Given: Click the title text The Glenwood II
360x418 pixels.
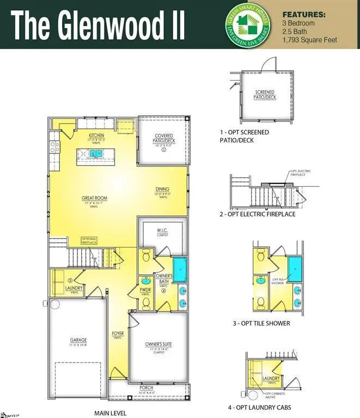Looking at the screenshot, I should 99,25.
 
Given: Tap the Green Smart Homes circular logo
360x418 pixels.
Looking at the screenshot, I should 249,24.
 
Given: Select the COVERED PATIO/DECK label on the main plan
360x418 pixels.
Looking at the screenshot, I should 163,139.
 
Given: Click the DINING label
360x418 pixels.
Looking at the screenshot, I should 162,189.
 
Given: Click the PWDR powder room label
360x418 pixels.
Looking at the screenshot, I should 145,290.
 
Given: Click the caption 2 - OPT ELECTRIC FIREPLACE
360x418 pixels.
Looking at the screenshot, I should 257,214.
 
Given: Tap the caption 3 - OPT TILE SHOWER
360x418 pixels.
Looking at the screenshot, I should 261,323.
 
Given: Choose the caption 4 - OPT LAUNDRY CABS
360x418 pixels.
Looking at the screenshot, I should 259,407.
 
